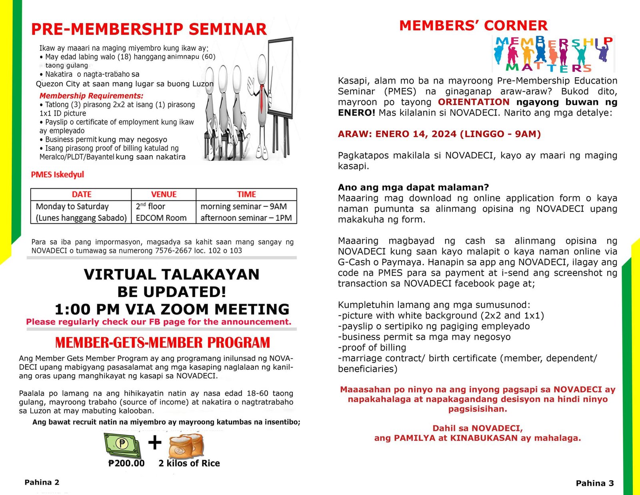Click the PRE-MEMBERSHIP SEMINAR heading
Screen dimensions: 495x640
[149, 29]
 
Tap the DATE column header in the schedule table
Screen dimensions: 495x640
[82, 194]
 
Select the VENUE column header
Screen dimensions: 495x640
[164, 194]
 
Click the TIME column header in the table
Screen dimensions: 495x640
[246, 194]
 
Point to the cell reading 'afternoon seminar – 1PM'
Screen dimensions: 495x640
[246, 218]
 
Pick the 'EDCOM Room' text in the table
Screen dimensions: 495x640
[161, 218]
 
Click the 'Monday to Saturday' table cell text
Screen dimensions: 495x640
[72, 206]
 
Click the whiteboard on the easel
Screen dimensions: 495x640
[281, 76]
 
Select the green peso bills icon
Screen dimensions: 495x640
[122, 445]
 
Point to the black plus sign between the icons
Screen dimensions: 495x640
[155, 443]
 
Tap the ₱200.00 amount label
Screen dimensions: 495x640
[126, 463]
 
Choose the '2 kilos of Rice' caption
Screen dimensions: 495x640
[189, 463]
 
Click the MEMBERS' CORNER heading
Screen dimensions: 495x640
[473, 26]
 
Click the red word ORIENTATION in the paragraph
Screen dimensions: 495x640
[474, 102]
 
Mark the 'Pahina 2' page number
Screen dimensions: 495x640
[42, 482]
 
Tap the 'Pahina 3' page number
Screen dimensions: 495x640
[595, 483]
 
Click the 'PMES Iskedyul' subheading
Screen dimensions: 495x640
[58, 175]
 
